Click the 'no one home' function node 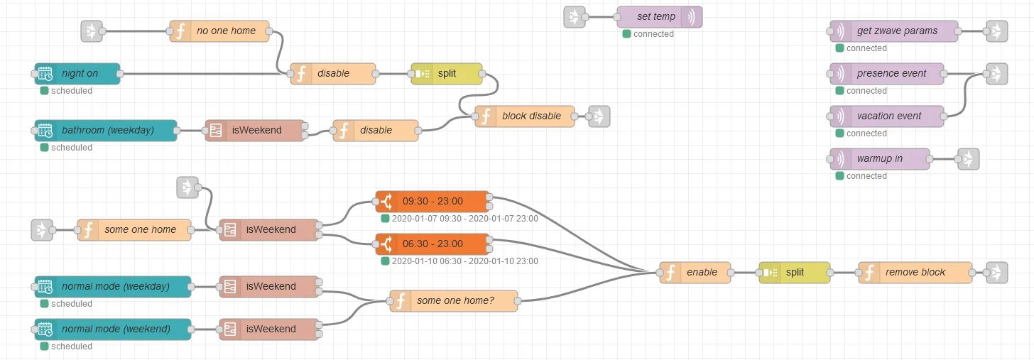219,31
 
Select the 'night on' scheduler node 77,73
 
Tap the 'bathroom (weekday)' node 106,130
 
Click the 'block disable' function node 525,116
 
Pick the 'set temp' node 659,17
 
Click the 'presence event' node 888,73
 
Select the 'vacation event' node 887,116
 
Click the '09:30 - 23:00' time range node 432,201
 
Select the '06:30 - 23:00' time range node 432,244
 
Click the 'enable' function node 695,272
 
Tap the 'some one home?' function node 454,300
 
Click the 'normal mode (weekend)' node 113,329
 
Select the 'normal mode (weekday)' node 113,286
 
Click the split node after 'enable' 794,272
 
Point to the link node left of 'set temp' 574,17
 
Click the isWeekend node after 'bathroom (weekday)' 255,130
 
